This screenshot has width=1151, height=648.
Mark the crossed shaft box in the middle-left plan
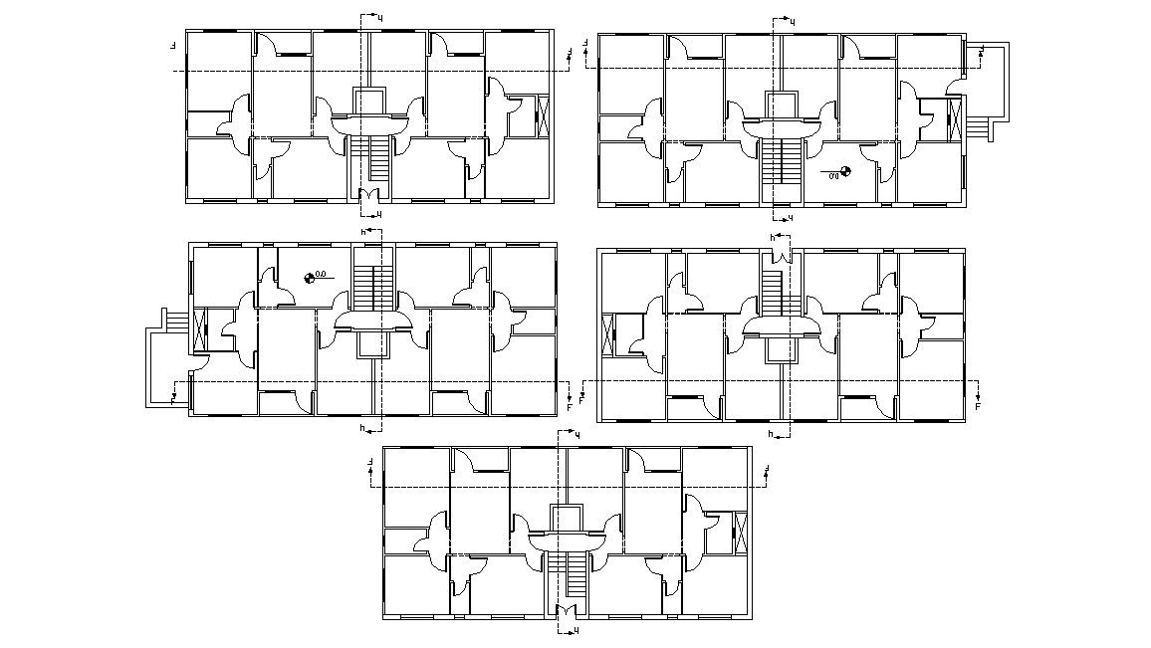tap(200, 328)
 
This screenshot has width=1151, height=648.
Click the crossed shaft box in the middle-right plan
tap(609, 333)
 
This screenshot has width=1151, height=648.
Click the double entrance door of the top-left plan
tap(370, 196)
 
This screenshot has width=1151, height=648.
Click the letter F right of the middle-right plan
tap(978, 406)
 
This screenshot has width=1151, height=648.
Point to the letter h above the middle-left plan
tap(363, 232)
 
